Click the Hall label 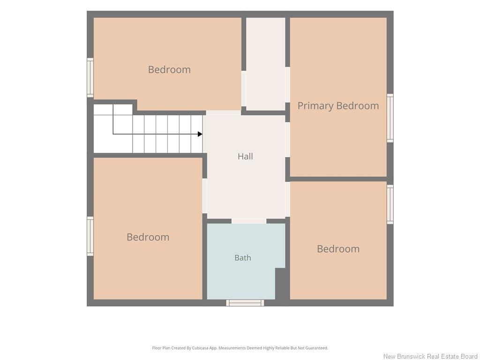[245, 157]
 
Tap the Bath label [243, 258]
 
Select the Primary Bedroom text [338, 106]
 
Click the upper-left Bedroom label [169, 69]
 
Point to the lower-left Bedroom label [148, 237]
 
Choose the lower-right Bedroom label [338, 249]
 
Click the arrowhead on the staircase [200, 134]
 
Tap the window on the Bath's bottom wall [245, 303]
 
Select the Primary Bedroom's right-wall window [390, 118]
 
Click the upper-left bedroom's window [90, 78]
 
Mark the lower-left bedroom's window [90, 236]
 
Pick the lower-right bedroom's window [390, 204]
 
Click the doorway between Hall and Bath [249, 221]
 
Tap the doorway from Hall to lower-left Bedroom [205, 196]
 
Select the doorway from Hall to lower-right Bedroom [287, 199]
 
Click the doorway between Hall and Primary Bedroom [287, 140]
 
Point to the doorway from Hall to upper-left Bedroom [224, 113]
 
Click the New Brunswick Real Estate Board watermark [430, 356]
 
